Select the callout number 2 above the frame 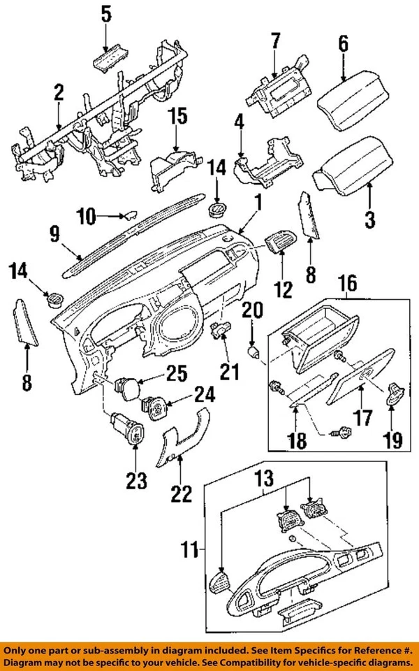tap(59, 92)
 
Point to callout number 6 tap(343, 43)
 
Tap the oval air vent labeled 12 tap(280, 244)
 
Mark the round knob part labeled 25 tap(126, 387)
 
